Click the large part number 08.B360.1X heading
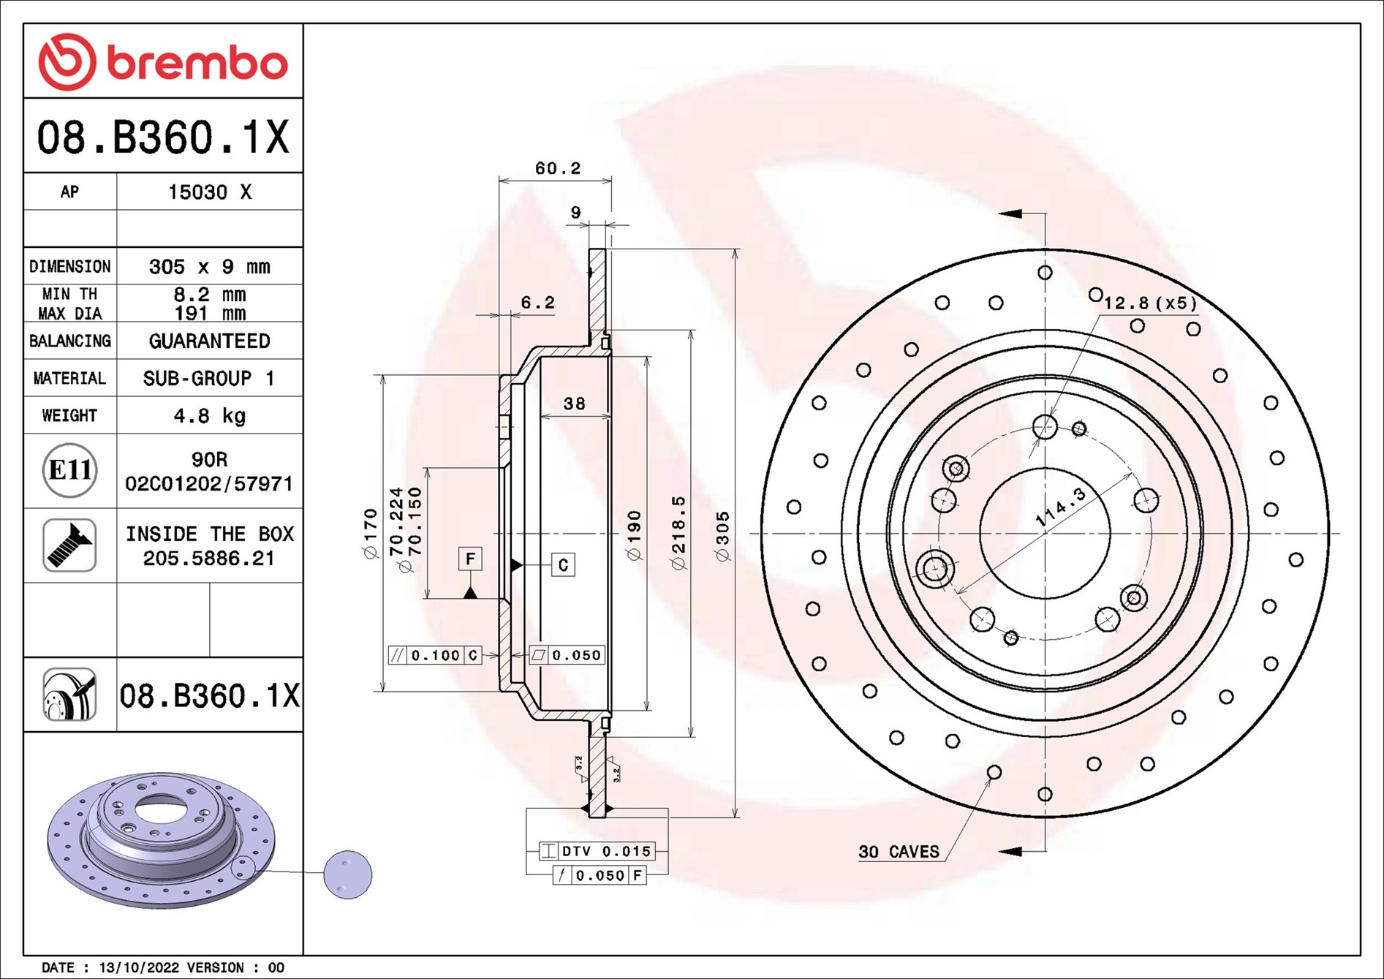click(163, 137)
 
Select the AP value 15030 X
click(209, 192)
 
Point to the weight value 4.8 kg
click(209, 416)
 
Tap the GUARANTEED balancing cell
click(209, 341)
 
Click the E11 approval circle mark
click(69, 470)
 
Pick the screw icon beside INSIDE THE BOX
click(69, 545)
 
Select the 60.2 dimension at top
click(557, 168)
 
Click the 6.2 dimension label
click(537, 303)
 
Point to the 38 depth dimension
click(574, 404)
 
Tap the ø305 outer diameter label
click(722, 537)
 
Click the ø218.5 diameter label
click(678, 533)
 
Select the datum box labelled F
click(470, 559)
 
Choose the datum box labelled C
click(563, 564)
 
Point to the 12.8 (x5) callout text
click(1150, 303)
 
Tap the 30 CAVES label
click(899, 852)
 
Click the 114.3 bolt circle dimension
click(1061, 507)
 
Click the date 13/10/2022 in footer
click(139, 967)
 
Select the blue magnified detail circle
click(348, 874)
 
